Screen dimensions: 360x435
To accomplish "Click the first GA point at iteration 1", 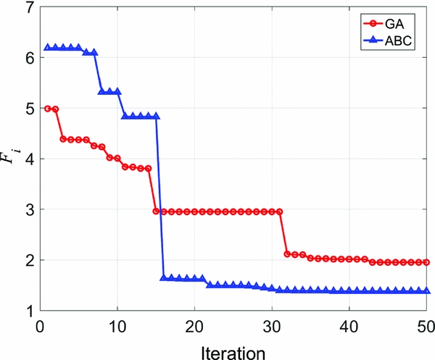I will pyautogui.click(x=48, y=109).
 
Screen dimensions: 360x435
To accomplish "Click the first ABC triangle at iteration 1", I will pyautogui.click(x=48, y=48).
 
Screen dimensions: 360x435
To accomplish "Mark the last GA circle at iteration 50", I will pyautogui.click(x=426, y=262).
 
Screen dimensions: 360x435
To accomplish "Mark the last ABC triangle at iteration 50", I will pyautogui.click(x=426, y=290).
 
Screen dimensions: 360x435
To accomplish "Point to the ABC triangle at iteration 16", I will pyautogui.click(x=163, y=277).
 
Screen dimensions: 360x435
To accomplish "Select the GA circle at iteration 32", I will pyautogui.click(x=287, y=254).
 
